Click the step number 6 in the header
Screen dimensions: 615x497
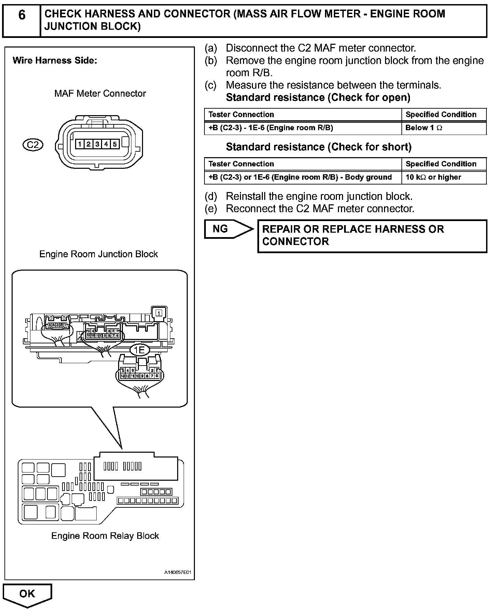click(22, 15)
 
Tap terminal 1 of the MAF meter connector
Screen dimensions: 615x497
click(80, 144)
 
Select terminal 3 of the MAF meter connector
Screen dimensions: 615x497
click(97, 144)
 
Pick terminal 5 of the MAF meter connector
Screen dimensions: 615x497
click(115, 144)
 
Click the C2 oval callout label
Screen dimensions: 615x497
click(33, 145)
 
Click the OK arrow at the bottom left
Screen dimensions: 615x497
click(27, 594)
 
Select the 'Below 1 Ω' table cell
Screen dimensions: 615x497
click(444, 128)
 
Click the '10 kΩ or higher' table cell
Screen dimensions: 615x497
click(444, 177)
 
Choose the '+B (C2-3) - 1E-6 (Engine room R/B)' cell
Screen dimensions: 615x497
click(303, 128)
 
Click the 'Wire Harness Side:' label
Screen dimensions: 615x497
click(55, 61)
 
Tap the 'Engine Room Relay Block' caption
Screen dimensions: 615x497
click(105, 536)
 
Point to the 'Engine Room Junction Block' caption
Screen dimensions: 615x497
click(99, 254)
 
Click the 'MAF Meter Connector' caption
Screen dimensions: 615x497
click(100, 94)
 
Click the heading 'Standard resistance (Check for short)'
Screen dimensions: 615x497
click(318, 147)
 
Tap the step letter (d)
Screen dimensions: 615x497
click(211, 196)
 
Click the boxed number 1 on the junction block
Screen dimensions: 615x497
click(159, 313)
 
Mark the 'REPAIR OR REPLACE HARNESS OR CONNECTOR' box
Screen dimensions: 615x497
click(372, 236)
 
